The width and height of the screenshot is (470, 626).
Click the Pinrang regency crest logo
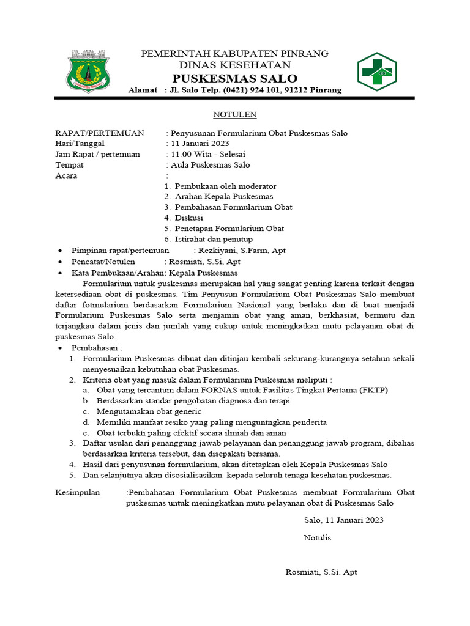coord(88,71)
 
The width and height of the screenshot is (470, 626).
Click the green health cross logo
coord(377,72)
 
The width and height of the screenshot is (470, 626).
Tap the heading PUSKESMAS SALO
coord(234,78)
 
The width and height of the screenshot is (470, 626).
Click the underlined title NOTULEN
coord(234,114)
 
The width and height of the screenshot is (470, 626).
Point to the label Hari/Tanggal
coord(80,144)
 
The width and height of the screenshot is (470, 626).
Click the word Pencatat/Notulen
coord(103,261)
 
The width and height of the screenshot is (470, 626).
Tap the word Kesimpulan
coord(78,492)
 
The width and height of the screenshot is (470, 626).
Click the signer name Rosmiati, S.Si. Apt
coord(321,572)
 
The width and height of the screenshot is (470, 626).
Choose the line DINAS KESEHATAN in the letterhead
coord(234,65)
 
